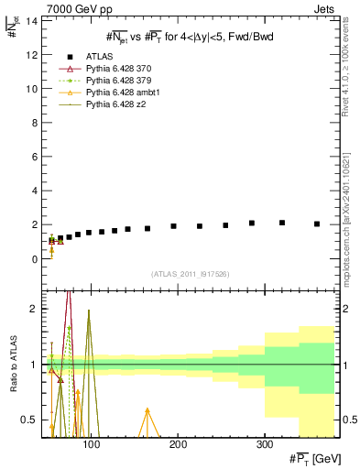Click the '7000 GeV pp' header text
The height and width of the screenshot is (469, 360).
coord(75,8)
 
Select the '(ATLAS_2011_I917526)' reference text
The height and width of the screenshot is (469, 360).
coord(191,273)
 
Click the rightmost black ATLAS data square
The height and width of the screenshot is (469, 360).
coord(317,224)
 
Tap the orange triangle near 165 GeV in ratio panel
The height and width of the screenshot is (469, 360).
coord(147,411)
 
